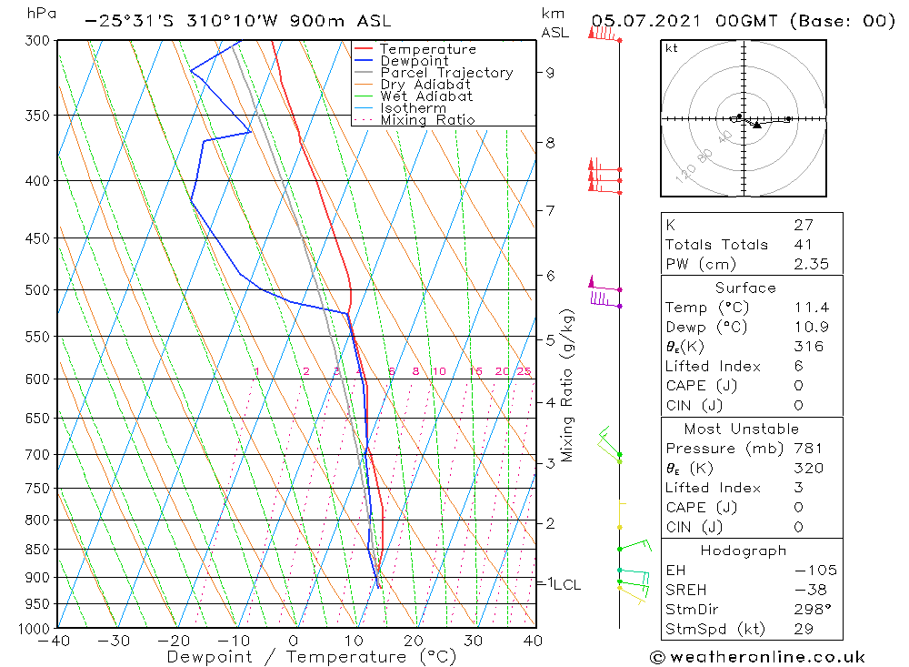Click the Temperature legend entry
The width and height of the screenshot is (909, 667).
pos(427,49)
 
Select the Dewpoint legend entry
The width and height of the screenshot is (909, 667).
pos(414,61)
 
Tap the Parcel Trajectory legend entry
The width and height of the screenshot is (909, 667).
pos(446,73)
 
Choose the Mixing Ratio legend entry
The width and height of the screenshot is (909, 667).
pos(427,120)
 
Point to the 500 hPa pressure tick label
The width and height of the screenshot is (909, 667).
pos(37,290)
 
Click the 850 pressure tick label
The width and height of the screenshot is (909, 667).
pos(37,550)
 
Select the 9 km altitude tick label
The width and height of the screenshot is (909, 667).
pos(551,73)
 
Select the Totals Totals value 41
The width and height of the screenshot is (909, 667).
pos(803,245)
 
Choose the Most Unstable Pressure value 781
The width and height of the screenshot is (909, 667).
pos(808,449)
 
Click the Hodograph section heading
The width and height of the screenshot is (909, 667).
pos(744,551)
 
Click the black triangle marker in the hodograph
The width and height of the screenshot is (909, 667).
pos(756,125)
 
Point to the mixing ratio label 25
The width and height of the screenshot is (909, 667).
pos(524,371)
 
